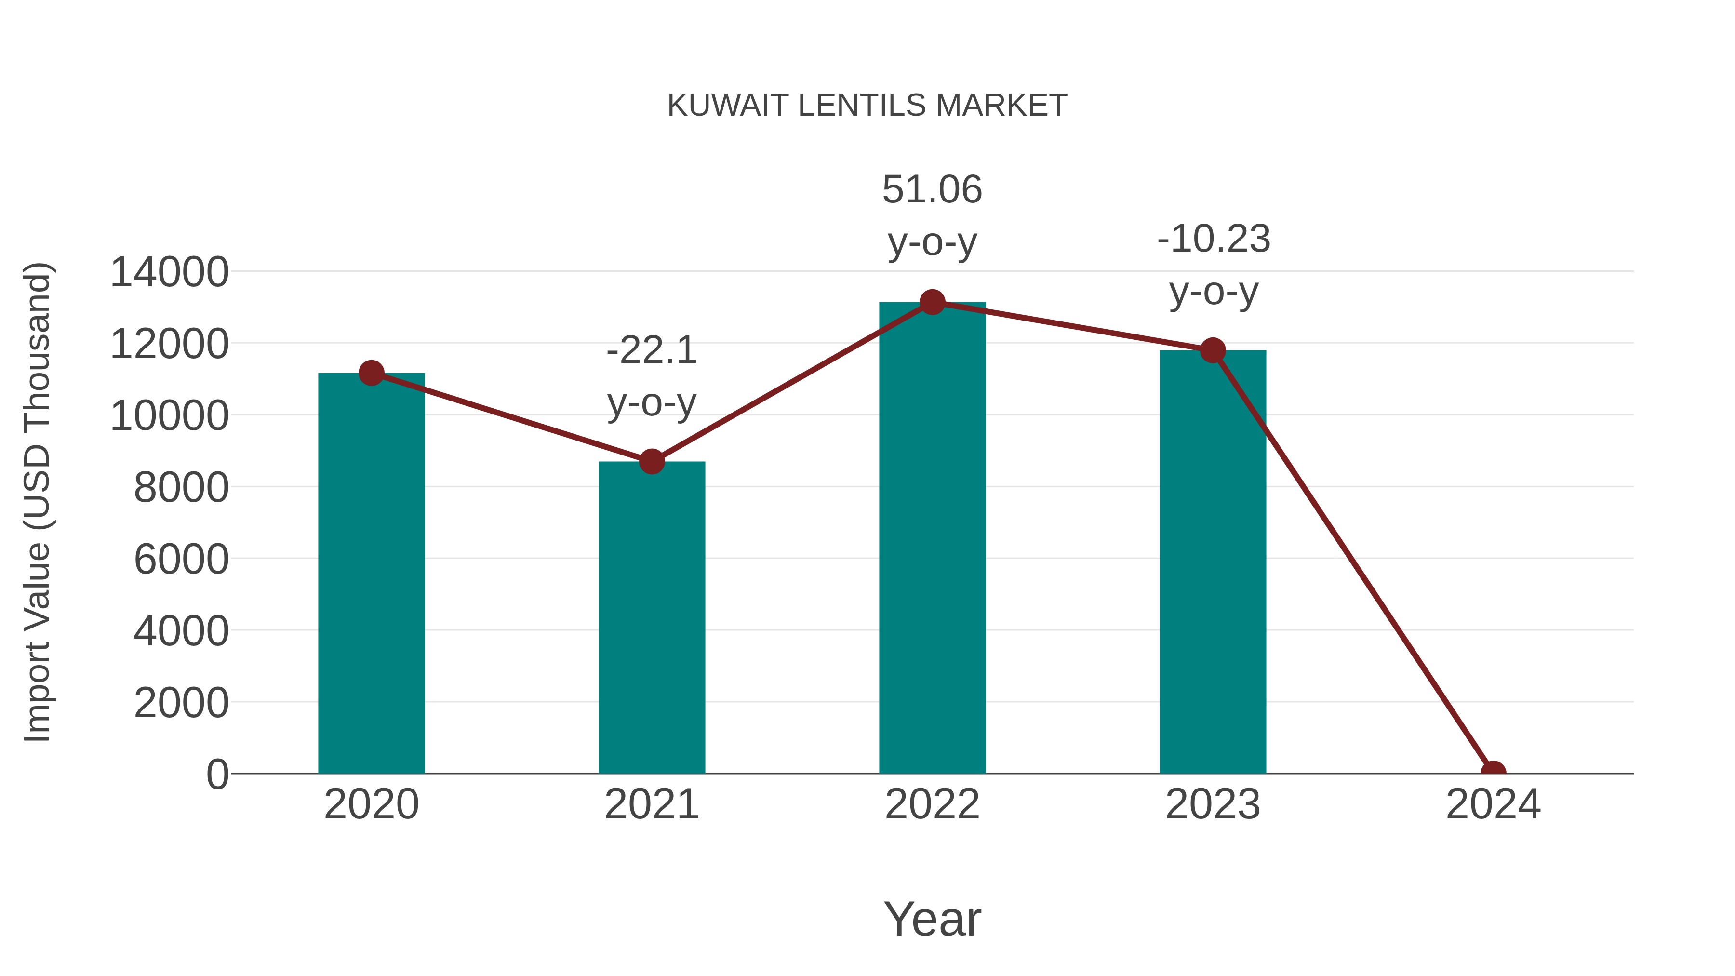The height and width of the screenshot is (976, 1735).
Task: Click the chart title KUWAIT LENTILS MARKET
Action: (x=867, y=106)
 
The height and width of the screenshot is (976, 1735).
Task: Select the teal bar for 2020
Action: (x=371, y=573)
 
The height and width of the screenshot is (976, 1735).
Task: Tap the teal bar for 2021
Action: (x=651, y=617)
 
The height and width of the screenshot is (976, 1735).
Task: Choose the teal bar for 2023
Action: (x=1213, y=562)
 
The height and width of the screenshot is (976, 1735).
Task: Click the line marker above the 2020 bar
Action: (x=371, y=373)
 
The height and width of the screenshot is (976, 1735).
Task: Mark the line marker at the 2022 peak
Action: (x=932, y=302)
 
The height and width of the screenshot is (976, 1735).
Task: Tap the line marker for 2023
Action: (x=1213, y=350)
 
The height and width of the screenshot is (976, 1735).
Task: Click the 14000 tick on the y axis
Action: (x=169, y=272)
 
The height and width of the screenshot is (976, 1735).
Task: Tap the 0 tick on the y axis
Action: (x=217, y=774)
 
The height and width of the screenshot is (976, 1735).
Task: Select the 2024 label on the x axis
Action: (x=1493, y=804)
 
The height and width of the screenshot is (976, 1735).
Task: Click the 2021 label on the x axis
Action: (x=651, y=804)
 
